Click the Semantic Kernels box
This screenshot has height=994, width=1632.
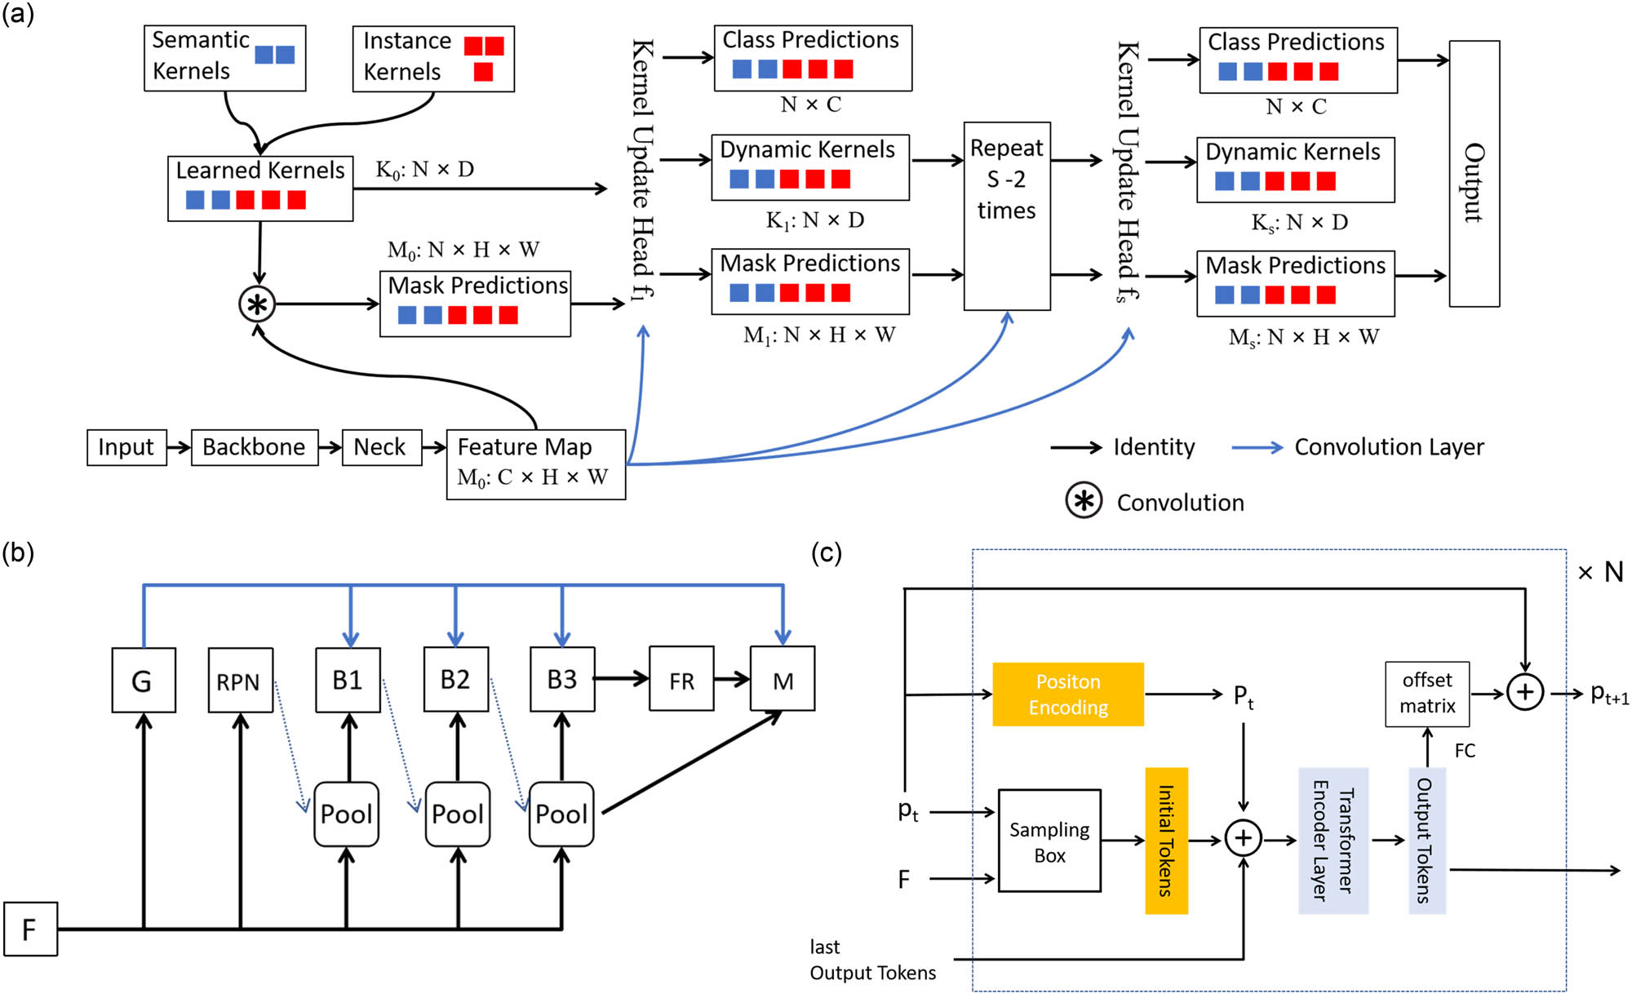click(x=224, y=57)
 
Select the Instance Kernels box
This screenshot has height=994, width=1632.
click(x=433, y=58)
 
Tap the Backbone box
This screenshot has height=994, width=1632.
click(x=254, y=447)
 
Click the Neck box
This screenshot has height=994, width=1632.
click(x=381, y=447)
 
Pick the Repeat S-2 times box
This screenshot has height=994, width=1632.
click(x=1006, y=216)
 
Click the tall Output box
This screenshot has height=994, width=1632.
click(x=1474, y=174)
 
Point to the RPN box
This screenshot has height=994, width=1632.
click(x=240, y=681)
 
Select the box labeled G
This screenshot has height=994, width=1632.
click(x=144, y=681)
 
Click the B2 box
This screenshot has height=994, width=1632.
click(x=455, y=679)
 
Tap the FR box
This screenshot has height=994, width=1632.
click(x=681, y=679)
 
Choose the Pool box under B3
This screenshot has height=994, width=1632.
click(x=561, y=814)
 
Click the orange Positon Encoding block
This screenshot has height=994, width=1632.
click(x=1067, y=694)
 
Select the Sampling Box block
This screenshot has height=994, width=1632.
click(x=1049, y=841)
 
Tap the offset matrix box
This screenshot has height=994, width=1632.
click(x=1426, y=694)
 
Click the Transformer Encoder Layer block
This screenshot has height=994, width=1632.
click(x=1333, y=841)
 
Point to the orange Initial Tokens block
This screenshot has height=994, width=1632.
click(x=1166, y=841)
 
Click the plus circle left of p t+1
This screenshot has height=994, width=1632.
click(x=1524, y=693)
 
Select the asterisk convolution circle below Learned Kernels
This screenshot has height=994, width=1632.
click(x=257, y=304)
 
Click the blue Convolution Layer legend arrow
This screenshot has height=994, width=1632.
click(x=1257, y=447)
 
